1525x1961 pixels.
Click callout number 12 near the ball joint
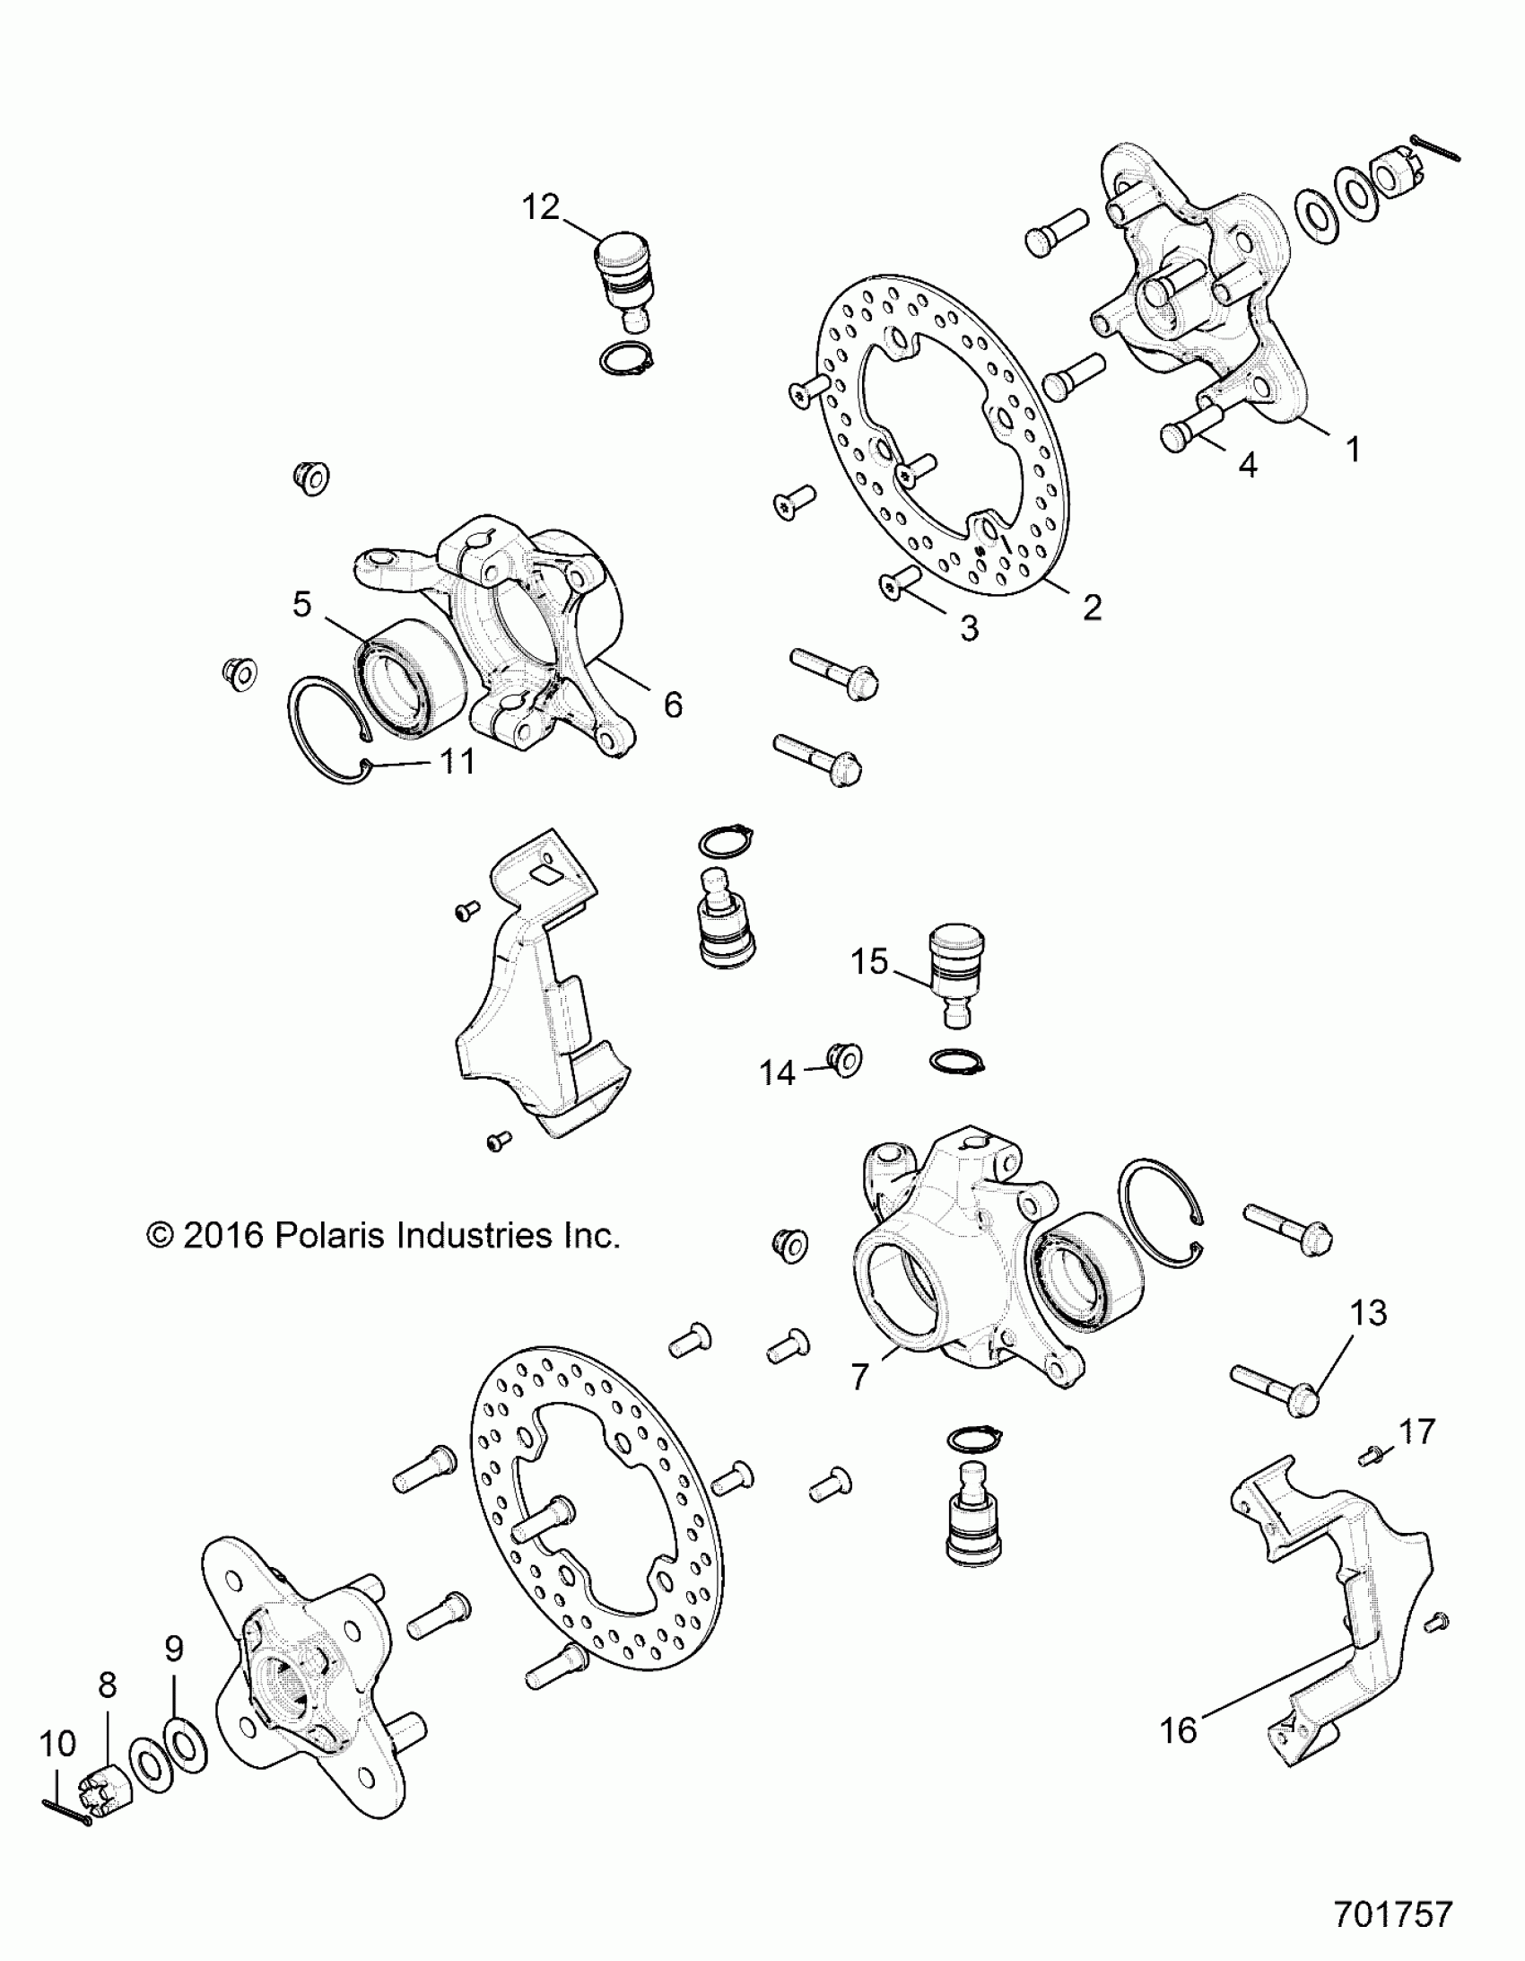[540, 207]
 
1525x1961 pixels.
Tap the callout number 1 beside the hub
[1353, 448]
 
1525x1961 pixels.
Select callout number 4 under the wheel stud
[1248, 464]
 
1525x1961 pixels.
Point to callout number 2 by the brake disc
[1092, 608]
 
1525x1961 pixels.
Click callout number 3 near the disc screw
[969, 628]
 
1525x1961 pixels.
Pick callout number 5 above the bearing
[301, 603]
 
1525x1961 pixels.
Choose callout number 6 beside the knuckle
[673, 705]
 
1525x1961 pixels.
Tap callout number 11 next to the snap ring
[457, 761]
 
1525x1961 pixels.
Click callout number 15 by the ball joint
[869, 961]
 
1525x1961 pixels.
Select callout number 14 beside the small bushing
[778, 1072]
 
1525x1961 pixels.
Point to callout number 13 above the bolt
[1369, 1313]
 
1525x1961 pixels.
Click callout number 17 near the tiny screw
[1417, 1431]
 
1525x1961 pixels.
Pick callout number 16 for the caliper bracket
[1179, 1730]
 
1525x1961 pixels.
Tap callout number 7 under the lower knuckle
[860, 1377]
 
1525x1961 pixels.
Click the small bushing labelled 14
[846, 1061]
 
